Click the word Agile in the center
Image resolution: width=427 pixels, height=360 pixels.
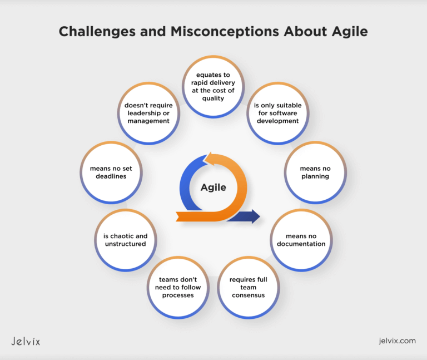(213, 188)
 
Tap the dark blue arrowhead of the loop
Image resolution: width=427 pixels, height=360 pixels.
(253, 216)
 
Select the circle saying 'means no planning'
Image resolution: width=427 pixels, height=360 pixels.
(312, 172)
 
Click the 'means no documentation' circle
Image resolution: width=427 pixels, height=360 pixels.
(301, 240)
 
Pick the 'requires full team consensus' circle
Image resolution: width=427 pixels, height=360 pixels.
(249, 287)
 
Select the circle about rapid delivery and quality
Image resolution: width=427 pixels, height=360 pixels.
(213, 86)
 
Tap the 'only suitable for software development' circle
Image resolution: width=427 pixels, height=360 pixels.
(276, 114)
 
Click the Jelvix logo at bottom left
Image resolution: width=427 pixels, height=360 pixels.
(26, 341)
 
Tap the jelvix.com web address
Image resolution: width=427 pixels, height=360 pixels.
(395, 341)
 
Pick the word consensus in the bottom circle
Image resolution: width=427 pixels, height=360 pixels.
(249, 295)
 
